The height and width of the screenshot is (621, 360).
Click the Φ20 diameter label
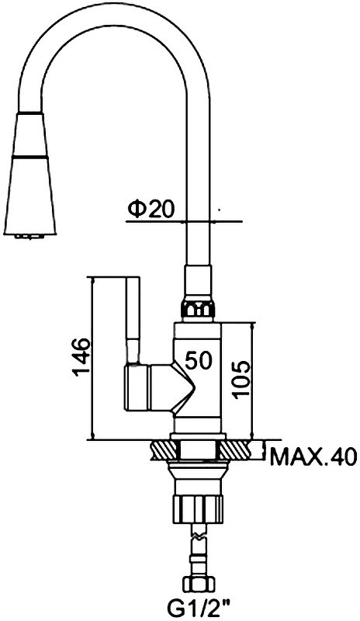[x=151, y=210]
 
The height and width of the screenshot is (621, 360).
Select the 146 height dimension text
[x=81, y=357]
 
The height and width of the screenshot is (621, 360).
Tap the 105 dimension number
[x=240, y=379]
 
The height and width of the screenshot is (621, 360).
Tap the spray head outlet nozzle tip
[x=29, y=237]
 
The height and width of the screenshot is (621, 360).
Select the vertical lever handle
[x=133, y=320]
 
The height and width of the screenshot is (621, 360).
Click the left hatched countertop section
[x=165, y=450]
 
